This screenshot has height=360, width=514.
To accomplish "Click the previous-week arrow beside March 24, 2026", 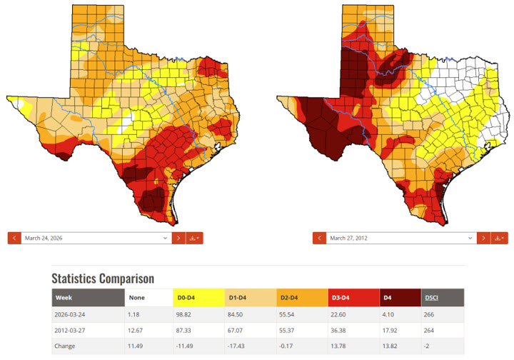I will click(14, 238).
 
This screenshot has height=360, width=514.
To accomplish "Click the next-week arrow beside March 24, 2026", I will click(178, 238).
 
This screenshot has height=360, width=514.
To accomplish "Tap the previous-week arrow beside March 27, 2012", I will click(319, 238).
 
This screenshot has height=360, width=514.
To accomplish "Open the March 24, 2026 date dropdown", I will click(96, 238).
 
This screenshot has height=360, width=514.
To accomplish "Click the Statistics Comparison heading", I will click(102, 279).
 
